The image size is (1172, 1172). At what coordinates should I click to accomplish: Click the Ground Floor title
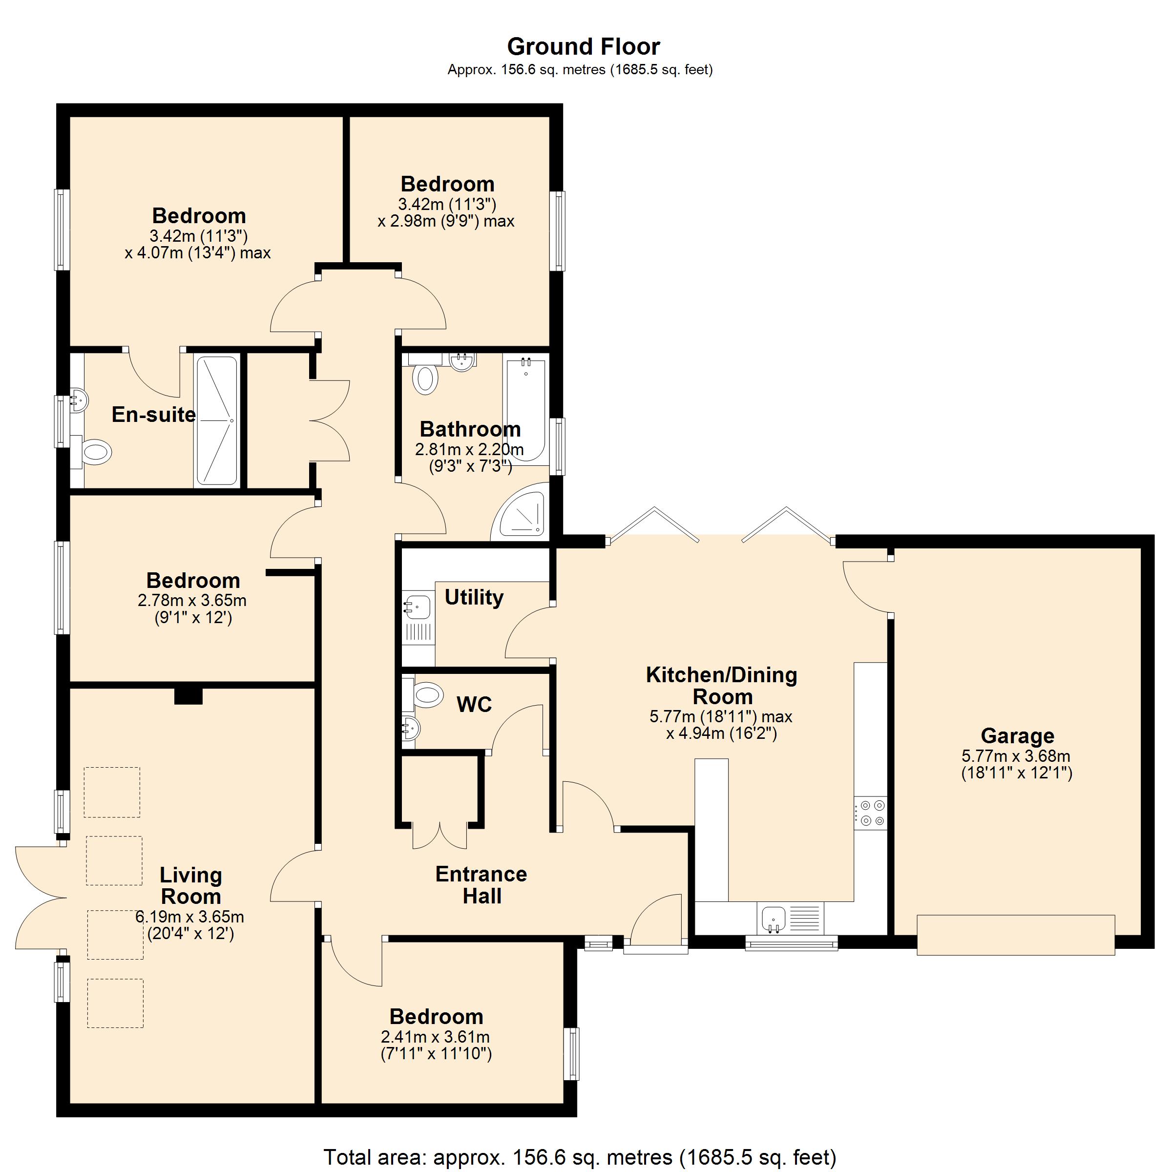click(583, 47)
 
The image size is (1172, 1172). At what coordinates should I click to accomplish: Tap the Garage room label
click(1017, 736)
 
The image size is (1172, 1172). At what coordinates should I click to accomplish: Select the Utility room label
click(474, 598)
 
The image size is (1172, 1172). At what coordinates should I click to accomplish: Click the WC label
click(474, 704)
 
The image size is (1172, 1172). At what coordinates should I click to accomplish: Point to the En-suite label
click(153, 415)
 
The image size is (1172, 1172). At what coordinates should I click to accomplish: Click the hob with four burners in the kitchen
click(871, 814)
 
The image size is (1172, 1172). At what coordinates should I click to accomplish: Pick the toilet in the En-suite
click(95, 452)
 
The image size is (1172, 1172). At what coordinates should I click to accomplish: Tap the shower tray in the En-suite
click(216, 421)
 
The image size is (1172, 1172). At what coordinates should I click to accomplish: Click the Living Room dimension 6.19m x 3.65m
click(190, 917)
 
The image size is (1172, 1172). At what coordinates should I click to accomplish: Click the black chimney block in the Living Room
click(188, 696)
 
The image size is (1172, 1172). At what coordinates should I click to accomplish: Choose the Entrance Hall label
click(481, 885)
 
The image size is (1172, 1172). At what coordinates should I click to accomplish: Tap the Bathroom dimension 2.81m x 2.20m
click(469, 449)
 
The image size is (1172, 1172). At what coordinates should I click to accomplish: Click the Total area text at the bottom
click(579, 1157)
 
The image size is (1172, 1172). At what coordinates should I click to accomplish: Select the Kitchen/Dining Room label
click(721, 686)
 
